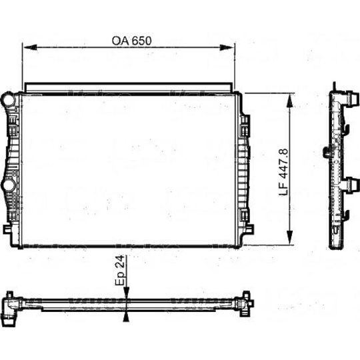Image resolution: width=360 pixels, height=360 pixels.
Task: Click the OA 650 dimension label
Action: pyautogui.click(x=131, y=41)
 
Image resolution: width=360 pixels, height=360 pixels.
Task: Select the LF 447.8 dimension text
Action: pyautogui.click(x=283, y=172)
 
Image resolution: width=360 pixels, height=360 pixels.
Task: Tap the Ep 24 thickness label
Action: pyautogui.click(x=119, y=270)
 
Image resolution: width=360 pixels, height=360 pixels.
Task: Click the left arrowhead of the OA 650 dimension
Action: pyautogui.click(x=30, y=47)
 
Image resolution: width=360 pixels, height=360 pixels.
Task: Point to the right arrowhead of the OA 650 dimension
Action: pyautogui.click(x=227, y=47)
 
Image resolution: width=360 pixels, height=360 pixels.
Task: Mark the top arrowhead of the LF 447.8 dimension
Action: pyautogui.click(x=290, y=101)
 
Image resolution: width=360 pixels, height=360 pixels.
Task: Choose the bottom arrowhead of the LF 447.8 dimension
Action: pyautogui.click(x=290, y=237)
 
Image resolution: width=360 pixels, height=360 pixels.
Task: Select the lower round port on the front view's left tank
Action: pyautogui.click(x=9, y=185)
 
